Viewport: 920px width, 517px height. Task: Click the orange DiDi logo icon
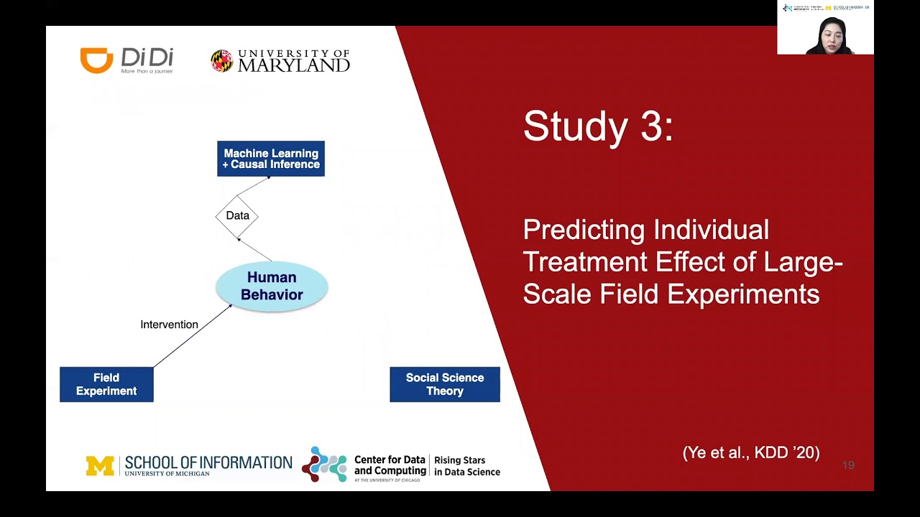[96, 60]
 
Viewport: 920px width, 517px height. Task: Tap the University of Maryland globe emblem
[221, 61]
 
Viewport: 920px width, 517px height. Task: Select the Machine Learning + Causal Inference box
[271, 159]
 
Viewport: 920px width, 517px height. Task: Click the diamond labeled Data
[237, 215]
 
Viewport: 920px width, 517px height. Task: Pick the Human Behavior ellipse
[272, 286]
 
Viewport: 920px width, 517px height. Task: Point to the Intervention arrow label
[169, 325]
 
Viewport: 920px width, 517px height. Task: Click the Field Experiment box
[106, 384]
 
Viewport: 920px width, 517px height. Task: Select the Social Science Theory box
[444, 384]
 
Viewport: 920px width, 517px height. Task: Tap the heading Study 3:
[598, 126]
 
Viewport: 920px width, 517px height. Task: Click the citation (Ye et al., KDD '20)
[751, 452]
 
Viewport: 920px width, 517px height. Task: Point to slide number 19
[848, 465]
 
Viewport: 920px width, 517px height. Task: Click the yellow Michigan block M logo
[100, 466]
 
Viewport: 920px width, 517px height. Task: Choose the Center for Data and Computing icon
[324, 465]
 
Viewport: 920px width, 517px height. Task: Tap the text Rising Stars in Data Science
[466, 466]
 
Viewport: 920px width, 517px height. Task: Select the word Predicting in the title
[583, 230]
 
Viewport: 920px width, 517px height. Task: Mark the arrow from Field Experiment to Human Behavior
[193, 335]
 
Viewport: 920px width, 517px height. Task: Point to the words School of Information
[208, 462]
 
